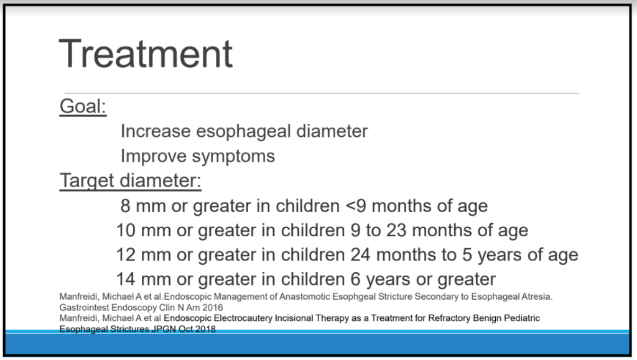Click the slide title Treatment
(146, 53)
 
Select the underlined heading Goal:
(83, 106)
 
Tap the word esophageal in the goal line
(243, 132)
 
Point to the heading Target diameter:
(131, 181)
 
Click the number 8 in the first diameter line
(125, 206)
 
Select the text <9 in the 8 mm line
(356, 206)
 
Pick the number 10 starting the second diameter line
(126, 230)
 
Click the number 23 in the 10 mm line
(396, 230)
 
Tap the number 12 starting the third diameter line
(126, 255)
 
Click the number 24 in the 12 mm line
(360, 255)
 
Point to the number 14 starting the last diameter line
(126, 279)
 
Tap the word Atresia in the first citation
(537, 297)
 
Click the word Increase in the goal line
(156, 131)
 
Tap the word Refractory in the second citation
(447, 318)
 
